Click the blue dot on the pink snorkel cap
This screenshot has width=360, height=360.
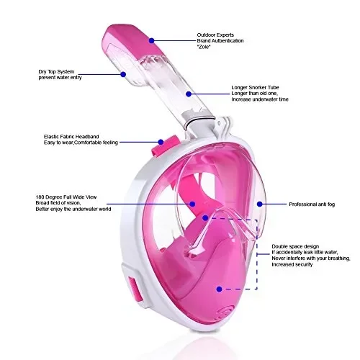[x=151, y=41]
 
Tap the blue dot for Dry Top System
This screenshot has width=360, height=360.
[x=123, y=74]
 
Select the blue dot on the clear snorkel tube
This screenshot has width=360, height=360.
[x=189, y=94]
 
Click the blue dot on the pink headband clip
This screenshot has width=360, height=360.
[x=161, y=142]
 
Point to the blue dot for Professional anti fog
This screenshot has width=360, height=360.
[x=259, y=204]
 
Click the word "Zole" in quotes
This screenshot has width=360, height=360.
[x=204, y=47]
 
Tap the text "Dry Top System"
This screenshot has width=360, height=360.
[x=56, y=72]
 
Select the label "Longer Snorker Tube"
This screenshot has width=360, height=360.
[x=255, y=87]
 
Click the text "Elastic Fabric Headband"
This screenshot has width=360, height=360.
[x=71, y=137]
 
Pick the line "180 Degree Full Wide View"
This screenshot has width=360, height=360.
[x=66, y=197]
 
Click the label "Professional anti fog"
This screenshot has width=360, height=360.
[x=312, y=204]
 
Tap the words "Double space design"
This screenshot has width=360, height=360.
[x=295, y=246]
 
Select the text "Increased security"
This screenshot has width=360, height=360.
[x=292, y=264]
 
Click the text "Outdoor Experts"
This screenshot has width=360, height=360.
[x=215, y=35]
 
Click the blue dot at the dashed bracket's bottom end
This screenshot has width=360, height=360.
[x=219, y=289]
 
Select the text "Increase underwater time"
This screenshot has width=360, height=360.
[x=260, y=99]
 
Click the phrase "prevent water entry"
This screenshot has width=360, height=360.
[x=60, y=78]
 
